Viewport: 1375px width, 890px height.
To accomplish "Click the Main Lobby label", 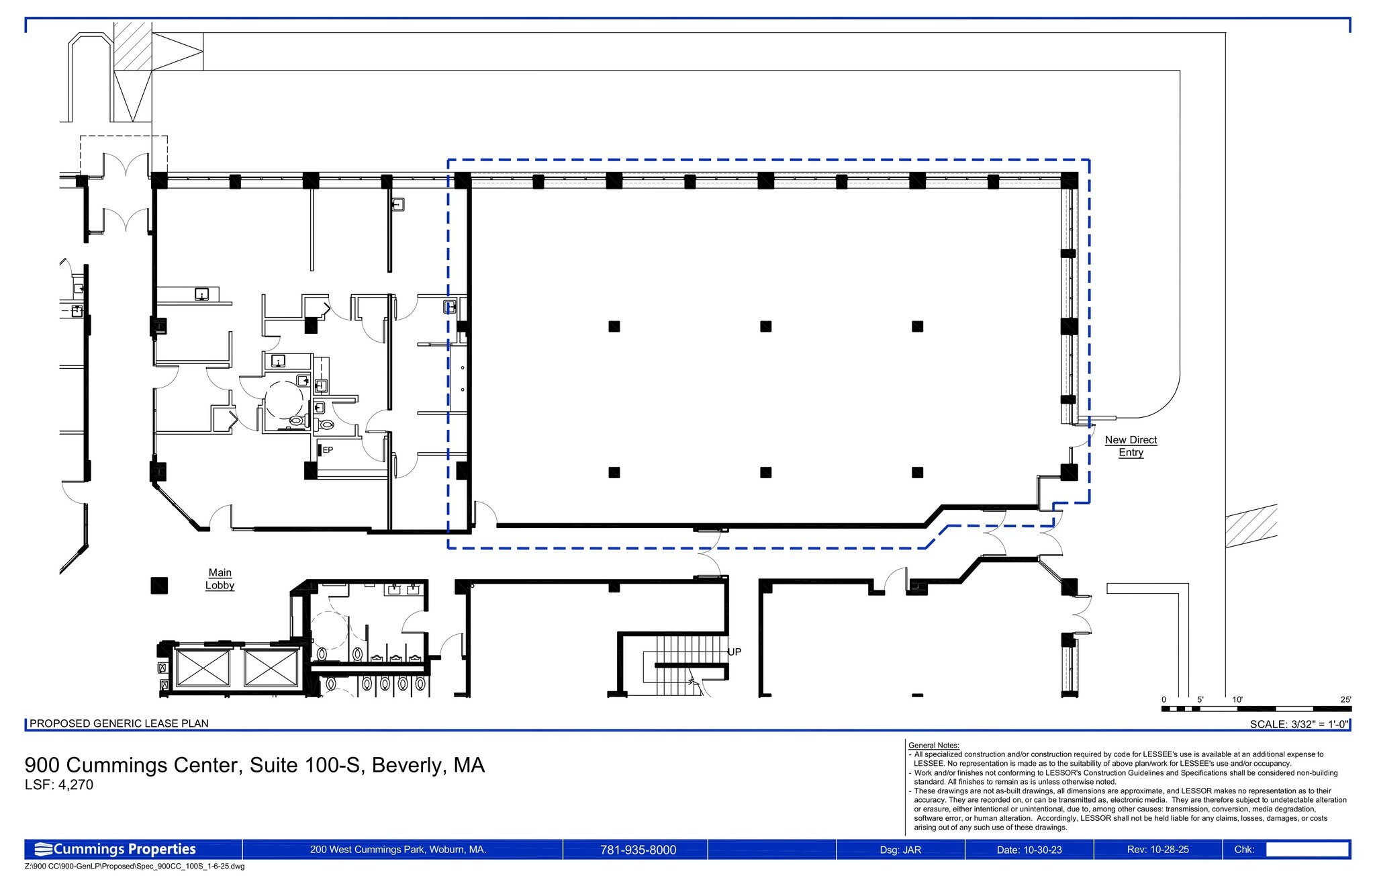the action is (x=220, y=579).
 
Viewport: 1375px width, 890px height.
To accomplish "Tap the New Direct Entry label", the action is (x=1131, y=446).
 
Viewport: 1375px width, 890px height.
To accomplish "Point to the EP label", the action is (x=328, y=450).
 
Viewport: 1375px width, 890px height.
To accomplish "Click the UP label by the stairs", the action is (x=734, y=652).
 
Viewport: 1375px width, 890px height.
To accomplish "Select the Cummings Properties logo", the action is (x=115, y=849).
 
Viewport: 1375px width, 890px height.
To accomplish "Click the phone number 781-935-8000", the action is (x=638, y=850).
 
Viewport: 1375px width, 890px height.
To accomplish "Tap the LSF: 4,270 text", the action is (x=59, y=785).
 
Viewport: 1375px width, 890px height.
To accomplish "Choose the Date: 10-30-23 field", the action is (x=1029, y=850).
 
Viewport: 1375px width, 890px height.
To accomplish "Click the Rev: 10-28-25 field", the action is (x=1158, y=850).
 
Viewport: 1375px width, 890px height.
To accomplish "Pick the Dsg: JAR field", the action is (x=900, y=850).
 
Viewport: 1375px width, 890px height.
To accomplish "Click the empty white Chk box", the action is (x=1307, y=849).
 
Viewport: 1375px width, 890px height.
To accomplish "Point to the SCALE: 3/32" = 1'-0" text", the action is (x=1298, y=724).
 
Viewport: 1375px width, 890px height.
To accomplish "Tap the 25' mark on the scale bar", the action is (x=1345, y=699).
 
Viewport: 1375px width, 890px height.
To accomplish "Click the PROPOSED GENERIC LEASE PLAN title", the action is (x=119, y=723).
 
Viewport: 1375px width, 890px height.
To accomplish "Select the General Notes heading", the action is (x=933, y=746).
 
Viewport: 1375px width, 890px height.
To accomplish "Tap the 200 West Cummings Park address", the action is (x=398, y=850).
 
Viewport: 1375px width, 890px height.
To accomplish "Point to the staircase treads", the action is (x=685, y=665).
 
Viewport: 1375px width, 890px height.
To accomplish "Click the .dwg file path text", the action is (x=134, y=866).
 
